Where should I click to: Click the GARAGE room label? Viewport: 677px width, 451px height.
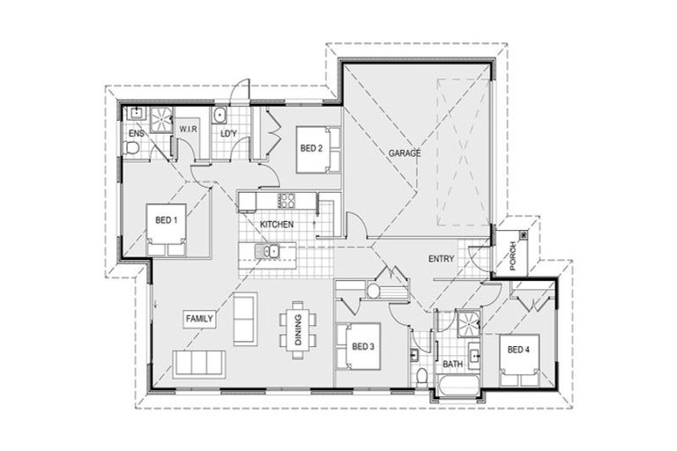(405, 153)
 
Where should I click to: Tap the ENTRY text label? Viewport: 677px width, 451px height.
(442, 259)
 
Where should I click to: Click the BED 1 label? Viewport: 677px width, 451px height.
(167, 220)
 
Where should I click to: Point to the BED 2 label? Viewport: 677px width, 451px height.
(309, 148)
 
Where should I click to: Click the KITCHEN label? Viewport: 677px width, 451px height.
(276, 225)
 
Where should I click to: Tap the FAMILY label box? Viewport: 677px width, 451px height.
(200, 318)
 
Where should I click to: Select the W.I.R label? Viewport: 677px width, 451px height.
(188, 130)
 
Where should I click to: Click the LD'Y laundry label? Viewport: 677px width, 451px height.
(228, 134)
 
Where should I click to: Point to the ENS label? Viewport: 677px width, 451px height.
(136, 133)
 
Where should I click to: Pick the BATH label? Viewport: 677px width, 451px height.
(453, 364)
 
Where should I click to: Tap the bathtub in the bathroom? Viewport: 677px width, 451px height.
(459, 386)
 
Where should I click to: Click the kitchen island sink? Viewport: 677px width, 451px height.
(268, 253)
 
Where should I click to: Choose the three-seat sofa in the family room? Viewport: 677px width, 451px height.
(198, 362)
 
